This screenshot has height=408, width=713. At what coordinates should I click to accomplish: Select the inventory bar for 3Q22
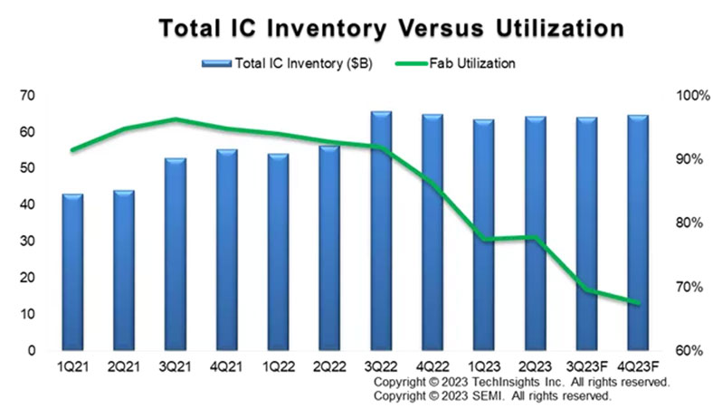click(x=381, y=231)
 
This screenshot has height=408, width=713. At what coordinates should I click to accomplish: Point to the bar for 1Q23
click(x=484, y=234)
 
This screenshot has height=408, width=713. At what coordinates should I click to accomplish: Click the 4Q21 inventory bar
click(x=227, y=250)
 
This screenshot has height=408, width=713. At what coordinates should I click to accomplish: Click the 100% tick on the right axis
click(x=683, y=96)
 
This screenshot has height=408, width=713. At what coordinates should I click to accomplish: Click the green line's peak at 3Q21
click(x=176, y=119)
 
